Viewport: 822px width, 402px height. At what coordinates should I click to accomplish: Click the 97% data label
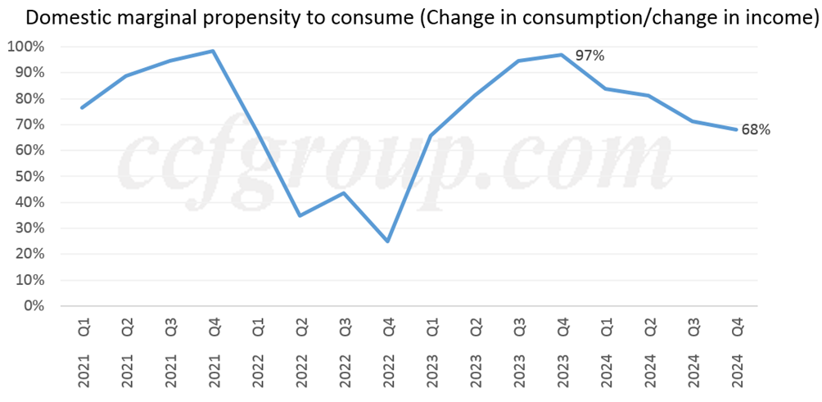click(589, 56)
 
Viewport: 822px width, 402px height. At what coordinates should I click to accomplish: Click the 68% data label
click(756, 129)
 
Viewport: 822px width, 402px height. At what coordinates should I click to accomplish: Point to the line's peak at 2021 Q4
click(213, 51)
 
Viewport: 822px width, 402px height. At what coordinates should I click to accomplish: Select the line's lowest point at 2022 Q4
click(387, 242)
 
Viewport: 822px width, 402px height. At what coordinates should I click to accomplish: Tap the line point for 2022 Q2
click(300, 215)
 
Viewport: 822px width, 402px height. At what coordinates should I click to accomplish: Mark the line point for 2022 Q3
click(344, 193)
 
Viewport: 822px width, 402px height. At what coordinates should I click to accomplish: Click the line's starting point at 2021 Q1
click(82, 107)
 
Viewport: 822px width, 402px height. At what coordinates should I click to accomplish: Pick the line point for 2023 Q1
click(431, 135)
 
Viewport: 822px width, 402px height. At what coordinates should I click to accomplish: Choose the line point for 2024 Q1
click(606, 88)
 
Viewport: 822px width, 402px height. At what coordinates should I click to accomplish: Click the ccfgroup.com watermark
click(393, 160)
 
